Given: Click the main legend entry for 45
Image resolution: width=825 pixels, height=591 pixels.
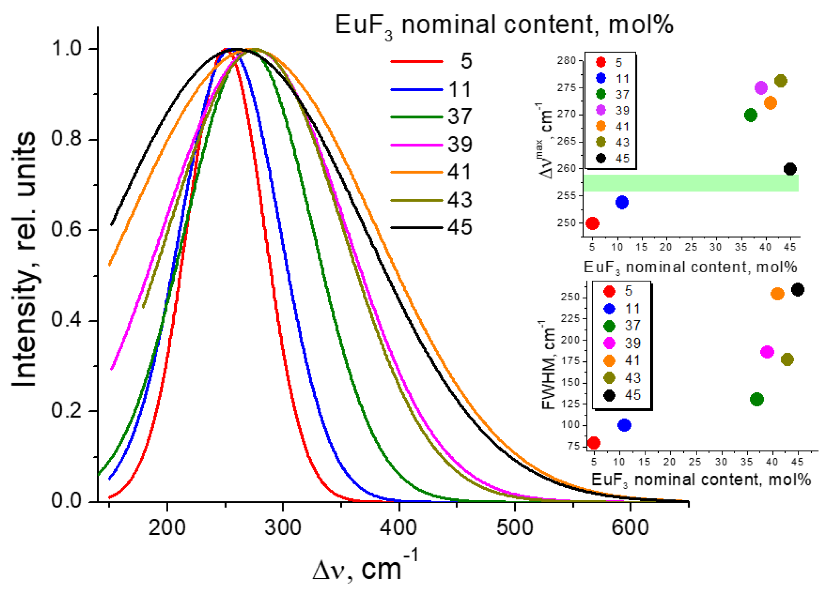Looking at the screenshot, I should pyautogui.click(x=459, y=228).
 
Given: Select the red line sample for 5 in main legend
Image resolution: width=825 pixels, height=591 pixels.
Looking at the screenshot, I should pyautogui.click(x=417, y=61).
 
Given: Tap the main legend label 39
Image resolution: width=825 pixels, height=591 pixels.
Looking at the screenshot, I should pyautogui.click(x=459, y=145).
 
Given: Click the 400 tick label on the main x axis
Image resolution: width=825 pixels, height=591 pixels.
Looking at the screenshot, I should pyautogui.click(x=398, y=528).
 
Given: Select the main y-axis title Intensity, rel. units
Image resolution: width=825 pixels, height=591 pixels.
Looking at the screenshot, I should pyautogui.click(x=24, y=259).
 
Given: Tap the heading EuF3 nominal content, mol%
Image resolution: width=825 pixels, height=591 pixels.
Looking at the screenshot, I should pyautogui.click(x=504, y=25).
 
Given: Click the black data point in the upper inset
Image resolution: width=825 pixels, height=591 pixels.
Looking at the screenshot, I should pyautogui.click(x=790, y=169).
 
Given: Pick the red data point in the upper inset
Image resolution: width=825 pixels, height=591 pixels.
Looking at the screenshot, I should pyautogui.click(x=592, y=223).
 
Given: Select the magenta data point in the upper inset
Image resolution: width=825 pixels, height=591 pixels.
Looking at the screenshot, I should pyautogui.click(x=761, y=88).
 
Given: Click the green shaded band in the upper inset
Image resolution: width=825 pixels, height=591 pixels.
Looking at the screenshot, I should pyautogui.click(x=691, y=183).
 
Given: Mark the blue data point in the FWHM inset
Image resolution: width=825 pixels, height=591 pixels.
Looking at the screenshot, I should pyautogui.click(x=624, y=425).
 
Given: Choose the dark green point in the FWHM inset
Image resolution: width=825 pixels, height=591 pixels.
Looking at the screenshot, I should pyautogui.click(x=757, y=399).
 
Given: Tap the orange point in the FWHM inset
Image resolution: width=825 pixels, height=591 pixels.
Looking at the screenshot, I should pyautogui.click(x=778, y=294).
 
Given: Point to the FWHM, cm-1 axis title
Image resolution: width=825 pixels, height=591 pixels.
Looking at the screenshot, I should pyautogui.click(x=548, y=365).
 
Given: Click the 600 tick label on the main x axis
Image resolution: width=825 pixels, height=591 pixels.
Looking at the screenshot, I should pyautogui.click(x=630, y=528).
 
